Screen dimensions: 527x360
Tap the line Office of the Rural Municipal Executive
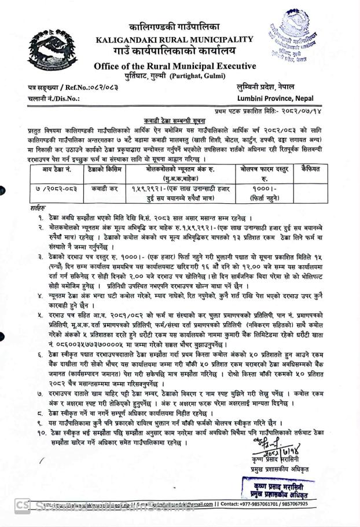175,65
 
